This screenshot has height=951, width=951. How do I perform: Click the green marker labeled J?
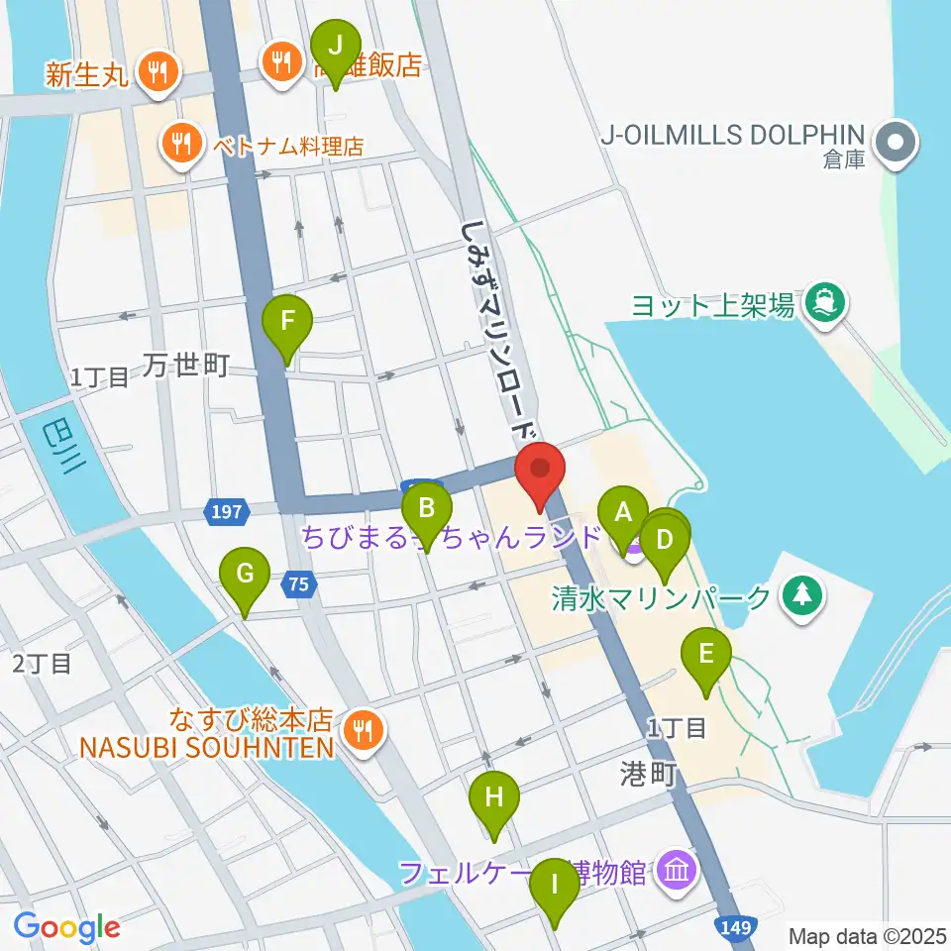(x=335, y=48)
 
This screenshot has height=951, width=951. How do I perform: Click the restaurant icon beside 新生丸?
(x=157, y=70)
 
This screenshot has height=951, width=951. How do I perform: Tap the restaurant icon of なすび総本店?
(x=362, y=731)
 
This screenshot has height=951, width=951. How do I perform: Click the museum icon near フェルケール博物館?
(x=679, y=872)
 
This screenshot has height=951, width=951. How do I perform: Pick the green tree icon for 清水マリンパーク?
(x=797, y=596)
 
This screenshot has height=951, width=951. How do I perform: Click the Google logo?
(x=66, y=927)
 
